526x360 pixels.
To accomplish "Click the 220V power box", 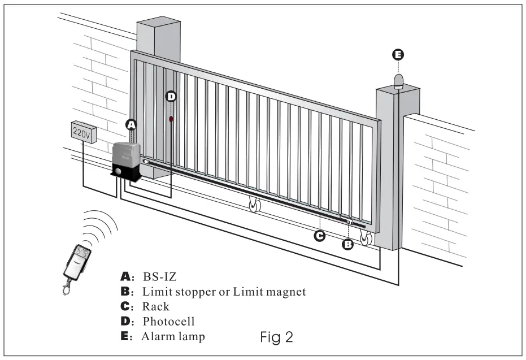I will click(82, 132).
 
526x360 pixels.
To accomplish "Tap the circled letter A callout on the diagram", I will click(131, 124).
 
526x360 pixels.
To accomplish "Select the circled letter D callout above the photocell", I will click(171, 97).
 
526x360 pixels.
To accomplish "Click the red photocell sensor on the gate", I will click(171, 120).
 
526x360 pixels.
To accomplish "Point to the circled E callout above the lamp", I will click(398, 55).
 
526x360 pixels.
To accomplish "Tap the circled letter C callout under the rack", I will click(320, 236).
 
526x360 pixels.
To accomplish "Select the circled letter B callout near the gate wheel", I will click(349, 244).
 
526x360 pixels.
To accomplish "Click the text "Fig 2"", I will click(276, 337).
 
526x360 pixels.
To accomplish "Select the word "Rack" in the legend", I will click(156, 307).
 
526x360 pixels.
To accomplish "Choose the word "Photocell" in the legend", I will click(168, 322).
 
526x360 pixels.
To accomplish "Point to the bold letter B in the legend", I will click(125, 292).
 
